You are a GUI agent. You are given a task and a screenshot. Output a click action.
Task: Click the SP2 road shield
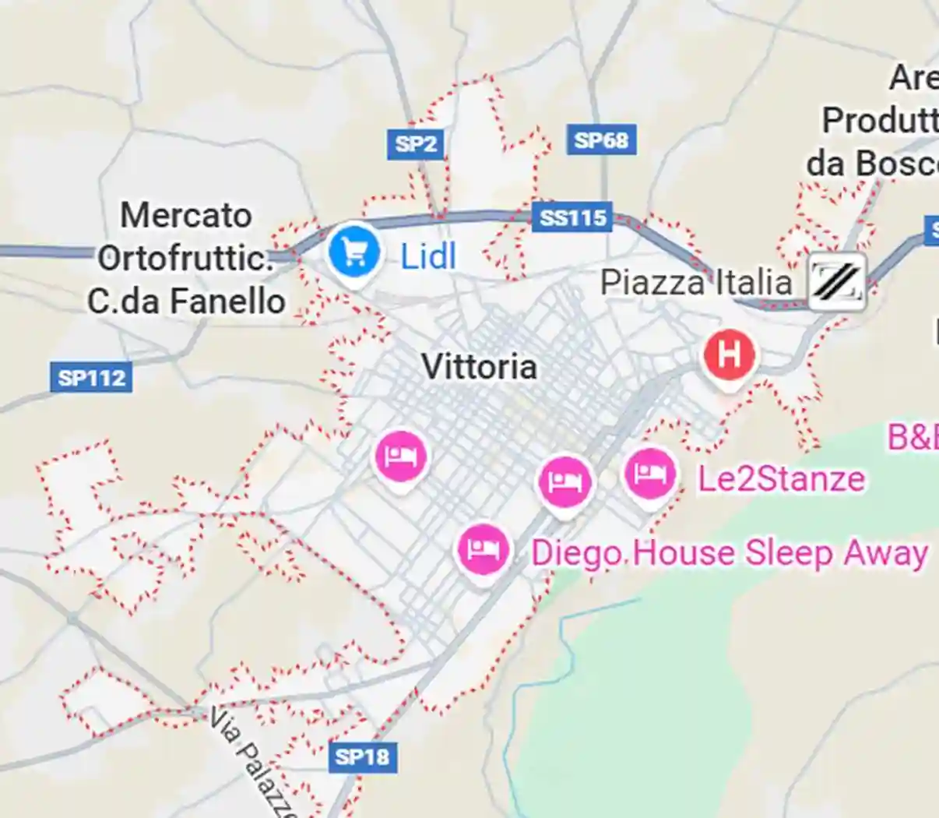pyautogui.click(x=416, y=144)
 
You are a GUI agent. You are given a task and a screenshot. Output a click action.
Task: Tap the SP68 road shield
pyautogui.click(x=601, y=140)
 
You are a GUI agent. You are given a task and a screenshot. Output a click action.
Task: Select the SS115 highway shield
pyautogui.click(x=573, y=217)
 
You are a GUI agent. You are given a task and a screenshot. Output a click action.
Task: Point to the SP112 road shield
pyautogui.click(x=92, y=379)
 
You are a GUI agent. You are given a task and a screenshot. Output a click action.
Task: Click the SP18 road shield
pyautogui.click(x=362, y=756)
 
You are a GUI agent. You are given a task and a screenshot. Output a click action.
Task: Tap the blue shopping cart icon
pyautogui.click(x=354, y=252)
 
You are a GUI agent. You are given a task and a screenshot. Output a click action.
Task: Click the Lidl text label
pyautogui.click(x=427, y=256)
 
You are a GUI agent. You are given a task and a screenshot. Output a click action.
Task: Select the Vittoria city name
pyautogui.click(x=479, y=367)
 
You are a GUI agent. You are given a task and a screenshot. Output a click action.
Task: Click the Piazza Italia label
pyautogui.click(x=695, y=282)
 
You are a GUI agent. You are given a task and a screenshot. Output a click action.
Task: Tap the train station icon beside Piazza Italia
pyautogui.click(x=837, y=281)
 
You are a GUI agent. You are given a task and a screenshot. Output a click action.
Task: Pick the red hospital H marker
pyautogui.click(x=729, y=355)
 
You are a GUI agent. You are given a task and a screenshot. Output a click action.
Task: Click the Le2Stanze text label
pyautogui.click(x=781, y=478)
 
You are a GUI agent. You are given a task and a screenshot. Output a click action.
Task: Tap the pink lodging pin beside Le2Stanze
pyautogui.click(x=649, y=474)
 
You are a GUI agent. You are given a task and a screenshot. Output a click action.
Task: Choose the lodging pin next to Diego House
pyautogui.click(x=484, y=549)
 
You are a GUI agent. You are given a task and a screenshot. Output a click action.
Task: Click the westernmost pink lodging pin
pyautogui.click(x=400, y=456)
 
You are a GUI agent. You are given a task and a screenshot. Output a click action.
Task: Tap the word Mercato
pyautogui.click(x=186, y=216)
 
